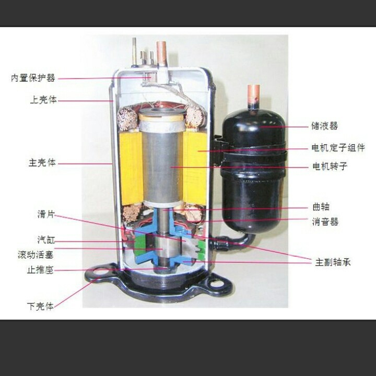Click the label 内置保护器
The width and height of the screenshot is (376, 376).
coord(33,78)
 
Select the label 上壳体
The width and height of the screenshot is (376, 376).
coord(43,100)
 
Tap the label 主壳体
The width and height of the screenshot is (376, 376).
coord(42,162)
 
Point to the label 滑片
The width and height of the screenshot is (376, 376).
coord(46,214)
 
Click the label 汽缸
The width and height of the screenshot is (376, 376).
coord(46,240)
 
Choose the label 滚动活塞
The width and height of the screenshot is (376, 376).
coord(36,255)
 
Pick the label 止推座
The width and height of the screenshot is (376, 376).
coord(40,270)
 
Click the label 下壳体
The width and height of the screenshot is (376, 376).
coord(40,306)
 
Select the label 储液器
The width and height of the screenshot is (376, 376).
coord(324,126)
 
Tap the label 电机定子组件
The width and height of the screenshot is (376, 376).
coord(338,147)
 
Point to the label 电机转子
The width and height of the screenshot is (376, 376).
coord(330,166)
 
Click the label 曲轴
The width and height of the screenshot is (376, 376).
coord(321,207)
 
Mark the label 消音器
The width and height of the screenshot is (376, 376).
coord(325,222)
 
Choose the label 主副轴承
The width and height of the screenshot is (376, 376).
coord(333,262)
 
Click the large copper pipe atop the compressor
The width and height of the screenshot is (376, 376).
coord(161,53)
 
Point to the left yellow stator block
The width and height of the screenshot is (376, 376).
coord(131,168)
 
